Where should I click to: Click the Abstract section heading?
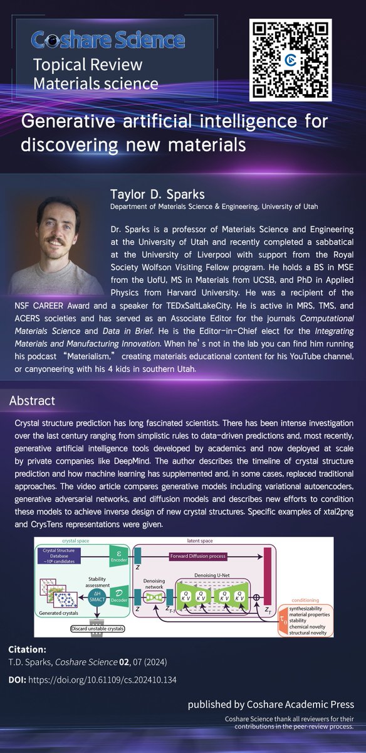tap(32, 401)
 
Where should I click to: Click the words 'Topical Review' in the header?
tap(88, 65)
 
